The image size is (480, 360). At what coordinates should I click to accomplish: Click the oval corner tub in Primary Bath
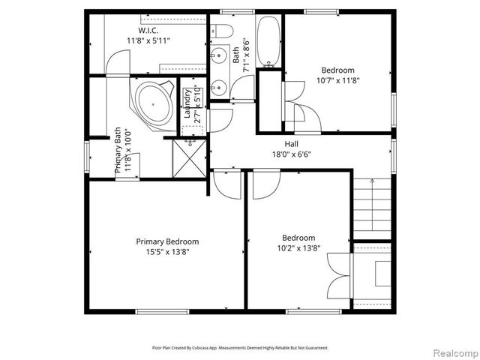pos(154,103)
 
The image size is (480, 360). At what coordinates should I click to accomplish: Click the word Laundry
pos(187,105)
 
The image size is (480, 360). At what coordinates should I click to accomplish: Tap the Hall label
pos(292,144)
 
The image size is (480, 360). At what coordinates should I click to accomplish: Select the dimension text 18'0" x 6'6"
pos(292,154)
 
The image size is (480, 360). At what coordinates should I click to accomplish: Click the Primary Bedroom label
pos(167,241)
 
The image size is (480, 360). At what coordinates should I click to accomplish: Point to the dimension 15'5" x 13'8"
pos(167,252)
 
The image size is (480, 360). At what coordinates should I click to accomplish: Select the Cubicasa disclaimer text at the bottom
pos(240,348)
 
